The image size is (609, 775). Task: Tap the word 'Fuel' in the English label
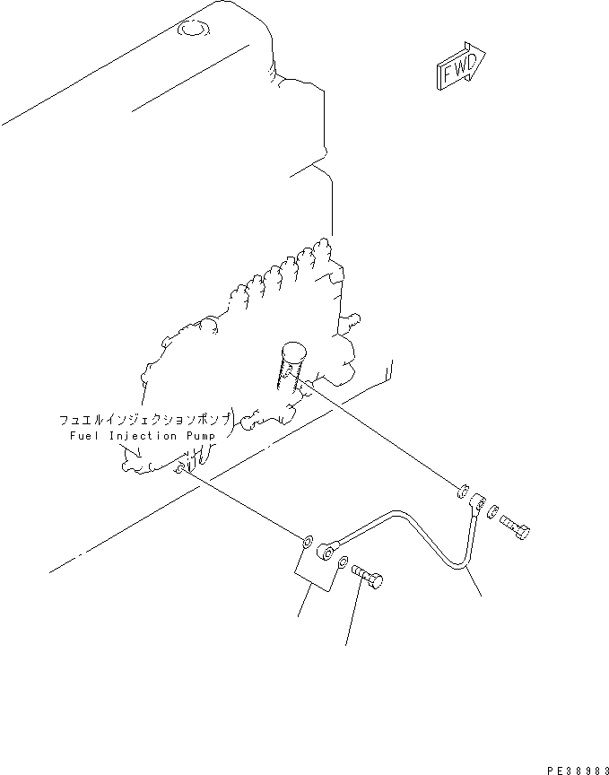point(83,436)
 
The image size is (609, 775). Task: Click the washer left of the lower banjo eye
point(308,541)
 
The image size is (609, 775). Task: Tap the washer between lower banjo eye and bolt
point(344,562)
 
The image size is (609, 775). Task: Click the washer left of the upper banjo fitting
point(461,490)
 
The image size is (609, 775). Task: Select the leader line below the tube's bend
point(474,584)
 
